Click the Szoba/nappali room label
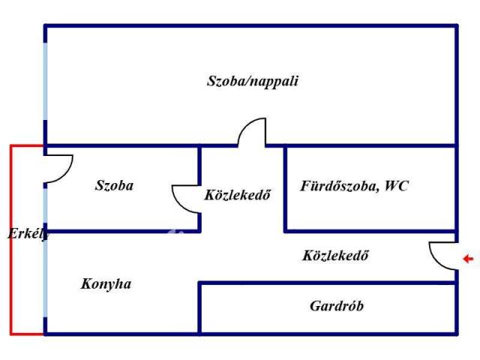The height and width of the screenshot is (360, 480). pyautogui.click(x=253, y=82)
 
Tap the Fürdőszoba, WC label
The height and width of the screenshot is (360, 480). pyautogui.click(x=354, y=186)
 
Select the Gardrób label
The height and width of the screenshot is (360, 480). pyautogui.click(x=337, y=306)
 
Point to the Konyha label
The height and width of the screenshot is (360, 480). pyautogui.click(x=106, y=284)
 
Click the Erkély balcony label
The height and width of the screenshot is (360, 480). pyautogui.click(x=28, y=234)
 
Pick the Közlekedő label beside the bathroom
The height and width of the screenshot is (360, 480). pyautogui.click(x=237, y=195)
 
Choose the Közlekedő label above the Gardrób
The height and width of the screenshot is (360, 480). pyautogui.click(x=335, y=256)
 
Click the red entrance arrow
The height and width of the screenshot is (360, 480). pyautogui.click(x=468, y=259)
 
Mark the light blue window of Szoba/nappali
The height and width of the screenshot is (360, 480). pyautogui.click(x=45, y=81)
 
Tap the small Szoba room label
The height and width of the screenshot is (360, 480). pyautogui.click(x=114, y=185)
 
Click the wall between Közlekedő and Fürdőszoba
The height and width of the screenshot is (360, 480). pyautogui.click(x=285, y=188)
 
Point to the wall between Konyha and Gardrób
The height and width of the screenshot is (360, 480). pyautogui.click(x=199, y=307)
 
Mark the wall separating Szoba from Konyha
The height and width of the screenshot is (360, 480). pyautogui.click(x=122, y=231)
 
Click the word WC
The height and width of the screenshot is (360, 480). pyautogui.click(x=397, y=186)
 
